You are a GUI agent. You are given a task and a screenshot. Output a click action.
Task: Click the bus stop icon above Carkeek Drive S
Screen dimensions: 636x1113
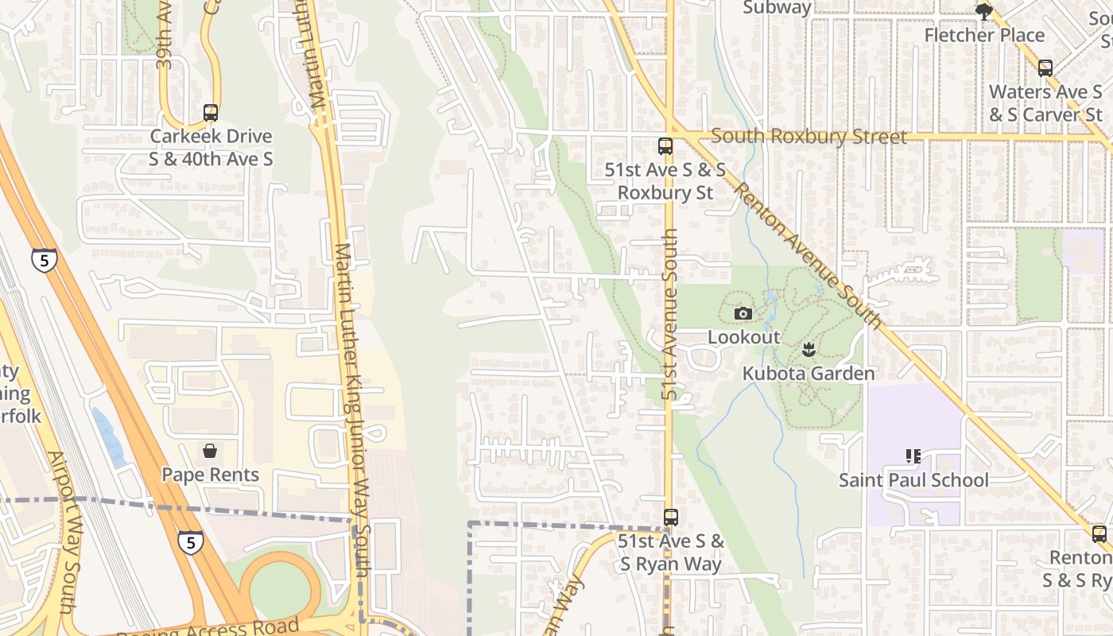point(211,113)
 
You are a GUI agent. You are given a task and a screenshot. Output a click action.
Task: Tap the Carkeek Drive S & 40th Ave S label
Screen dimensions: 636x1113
point(211,147)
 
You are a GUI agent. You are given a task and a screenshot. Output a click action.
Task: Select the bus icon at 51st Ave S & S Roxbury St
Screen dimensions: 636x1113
point(665,146)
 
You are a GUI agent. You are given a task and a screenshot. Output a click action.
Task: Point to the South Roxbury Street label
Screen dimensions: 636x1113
point(809,137)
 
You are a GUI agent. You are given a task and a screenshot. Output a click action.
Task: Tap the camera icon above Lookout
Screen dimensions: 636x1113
point(743,314)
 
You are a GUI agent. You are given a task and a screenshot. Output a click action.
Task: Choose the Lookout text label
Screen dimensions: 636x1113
point(743,337)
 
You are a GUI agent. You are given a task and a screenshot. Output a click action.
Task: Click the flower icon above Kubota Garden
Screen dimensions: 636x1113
point(809,349)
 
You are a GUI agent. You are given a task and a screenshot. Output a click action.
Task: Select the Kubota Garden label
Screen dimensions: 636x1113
point(809,373)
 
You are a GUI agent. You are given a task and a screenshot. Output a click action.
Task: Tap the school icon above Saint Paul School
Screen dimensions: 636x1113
point(913,456)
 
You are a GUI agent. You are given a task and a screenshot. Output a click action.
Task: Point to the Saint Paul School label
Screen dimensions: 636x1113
point(913,480)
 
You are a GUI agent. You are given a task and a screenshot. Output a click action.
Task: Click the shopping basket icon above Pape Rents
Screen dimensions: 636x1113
point(210,452)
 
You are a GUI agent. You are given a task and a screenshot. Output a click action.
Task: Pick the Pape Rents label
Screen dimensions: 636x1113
point(210,475)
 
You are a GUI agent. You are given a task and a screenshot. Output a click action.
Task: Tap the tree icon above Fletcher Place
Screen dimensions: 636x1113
point(984,11)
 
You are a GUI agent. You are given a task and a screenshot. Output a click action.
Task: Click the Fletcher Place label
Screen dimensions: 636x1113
point(984,35)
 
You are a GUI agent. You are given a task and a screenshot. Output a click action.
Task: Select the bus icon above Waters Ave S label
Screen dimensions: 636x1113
point(1045,68)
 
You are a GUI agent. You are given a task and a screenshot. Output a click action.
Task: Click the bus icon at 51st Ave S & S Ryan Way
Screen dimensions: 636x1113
point(671,518)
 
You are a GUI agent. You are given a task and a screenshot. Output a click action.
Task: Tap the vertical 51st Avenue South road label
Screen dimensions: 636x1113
point(671,314)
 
